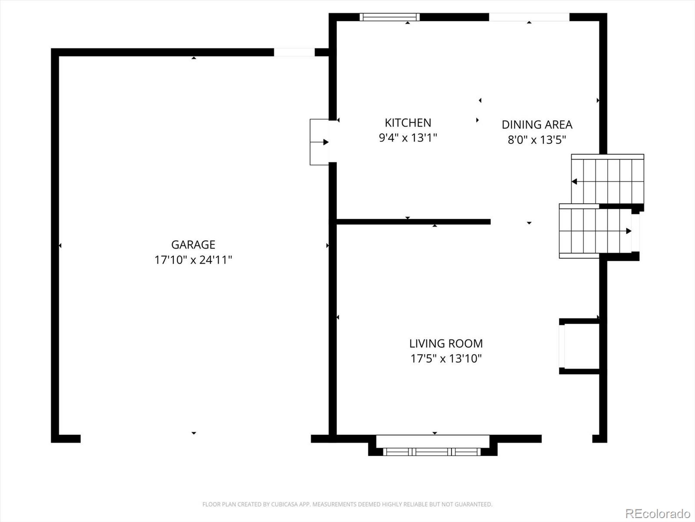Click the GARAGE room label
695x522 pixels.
click(x=193, y=244)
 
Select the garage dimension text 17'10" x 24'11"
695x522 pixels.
click(x=193, y=260)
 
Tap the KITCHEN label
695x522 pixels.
click(x=408, y=123)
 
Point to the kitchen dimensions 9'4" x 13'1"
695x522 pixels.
click(x=408, y=138)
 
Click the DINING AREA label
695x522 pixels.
click(x=537, y=124)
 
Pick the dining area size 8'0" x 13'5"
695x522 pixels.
click(x=537, y=140)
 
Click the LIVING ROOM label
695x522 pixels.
click(x=446, y=343)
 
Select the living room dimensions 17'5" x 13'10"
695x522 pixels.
click(x=446, y=358)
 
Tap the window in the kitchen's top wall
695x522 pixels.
click(x=390, y=17)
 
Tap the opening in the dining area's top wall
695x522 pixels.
click(x=529, y=17)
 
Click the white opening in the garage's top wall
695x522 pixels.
click(x=294, y=52)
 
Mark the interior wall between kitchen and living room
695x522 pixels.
click(x=413, y=222)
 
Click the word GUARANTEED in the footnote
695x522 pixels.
click(x=474, y=505)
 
